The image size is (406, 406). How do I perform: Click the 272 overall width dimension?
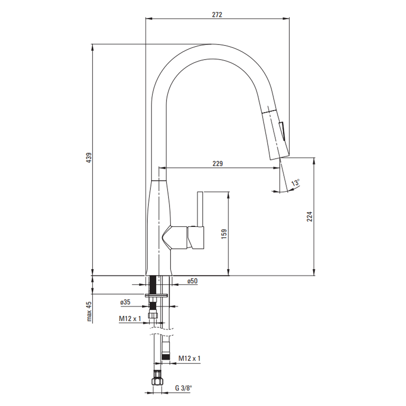217,15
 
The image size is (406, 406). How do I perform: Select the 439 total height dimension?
89,158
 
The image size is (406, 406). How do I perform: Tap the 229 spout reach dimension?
218,164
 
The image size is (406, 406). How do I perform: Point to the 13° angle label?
296,183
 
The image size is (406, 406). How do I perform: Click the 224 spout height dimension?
309,216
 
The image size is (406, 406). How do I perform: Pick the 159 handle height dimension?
224,234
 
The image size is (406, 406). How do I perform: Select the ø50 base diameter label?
192,281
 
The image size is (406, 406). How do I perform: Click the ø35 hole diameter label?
125,302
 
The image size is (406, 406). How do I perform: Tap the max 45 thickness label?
89,311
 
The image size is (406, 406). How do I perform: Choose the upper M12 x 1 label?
130,318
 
